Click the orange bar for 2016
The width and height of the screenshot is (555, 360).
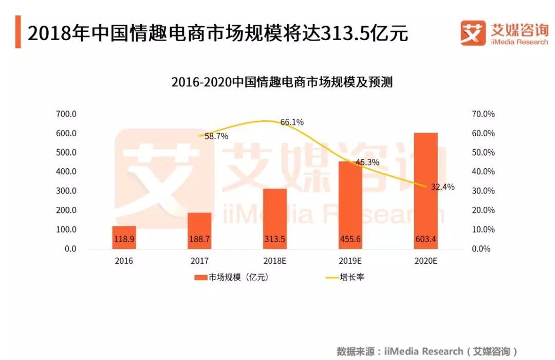(124, 237)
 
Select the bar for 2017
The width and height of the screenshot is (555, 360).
(199, 230)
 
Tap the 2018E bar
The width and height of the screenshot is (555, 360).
(275, 219)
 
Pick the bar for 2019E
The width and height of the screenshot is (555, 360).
(350, 205)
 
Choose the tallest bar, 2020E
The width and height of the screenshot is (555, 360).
(425, 190)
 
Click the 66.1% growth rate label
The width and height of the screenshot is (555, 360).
(292, 122)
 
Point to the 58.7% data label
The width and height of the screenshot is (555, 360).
(216, 136)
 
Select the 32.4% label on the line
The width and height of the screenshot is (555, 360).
(442, 187)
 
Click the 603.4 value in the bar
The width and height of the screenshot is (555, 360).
(425, 240)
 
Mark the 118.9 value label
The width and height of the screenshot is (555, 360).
(124, 240)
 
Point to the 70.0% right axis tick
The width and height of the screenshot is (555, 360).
(483, 114)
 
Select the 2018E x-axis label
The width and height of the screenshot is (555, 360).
(275, 261)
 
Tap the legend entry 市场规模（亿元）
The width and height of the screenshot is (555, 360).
(232, 277)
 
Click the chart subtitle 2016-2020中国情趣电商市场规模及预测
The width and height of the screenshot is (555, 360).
(282, 82)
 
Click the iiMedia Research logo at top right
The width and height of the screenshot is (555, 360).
(504, 33)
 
